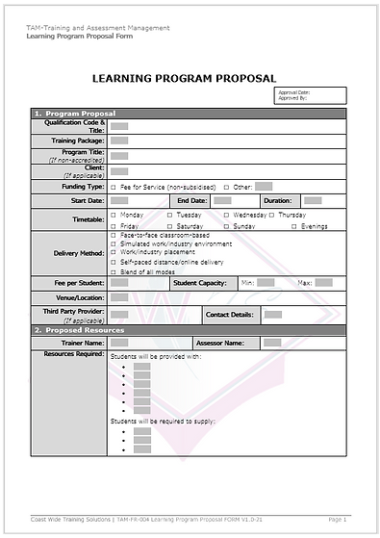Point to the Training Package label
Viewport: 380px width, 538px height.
77,141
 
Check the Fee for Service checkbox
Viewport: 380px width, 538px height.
114,187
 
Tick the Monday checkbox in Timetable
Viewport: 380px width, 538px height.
114,215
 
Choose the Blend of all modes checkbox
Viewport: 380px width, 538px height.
114,272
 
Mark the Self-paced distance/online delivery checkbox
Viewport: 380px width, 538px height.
114,262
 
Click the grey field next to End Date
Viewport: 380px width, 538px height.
222,200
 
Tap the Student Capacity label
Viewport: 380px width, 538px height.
199,283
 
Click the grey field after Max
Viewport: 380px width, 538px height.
323,283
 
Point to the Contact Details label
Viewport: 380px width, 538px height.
229,315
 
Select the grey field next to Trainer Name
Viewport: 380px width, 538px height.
119,343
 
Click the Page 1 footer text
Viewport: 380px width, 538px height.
337,519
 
